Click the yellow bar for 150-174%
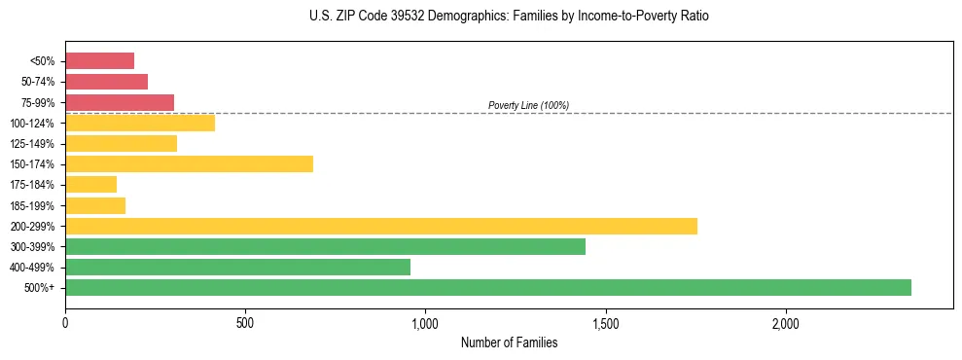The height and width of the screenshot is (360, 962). [x=189, y=163]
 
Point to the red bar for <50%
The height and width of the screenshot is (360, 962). [x=99, y=60]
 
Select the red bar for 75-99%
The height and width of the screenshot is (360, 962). [x=120, y=102]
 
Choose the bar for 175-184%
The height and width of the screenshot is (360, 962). [x=90, y=184]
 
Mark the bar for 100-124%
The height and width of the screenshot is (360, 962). [x=140, y=123]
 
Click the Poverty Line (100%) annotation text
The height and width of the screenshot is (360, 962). [x=528, y=105]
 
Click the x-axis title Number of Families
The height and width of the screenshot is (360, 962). [x=509, y=342]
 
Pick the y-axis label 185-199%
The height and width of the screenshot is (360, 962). [x=33, y=205]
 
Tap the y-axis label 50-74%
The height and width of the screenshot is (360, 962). [x=37, y=82]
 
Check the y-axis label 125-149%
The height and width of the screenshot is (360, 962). [x=33, y=143]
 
